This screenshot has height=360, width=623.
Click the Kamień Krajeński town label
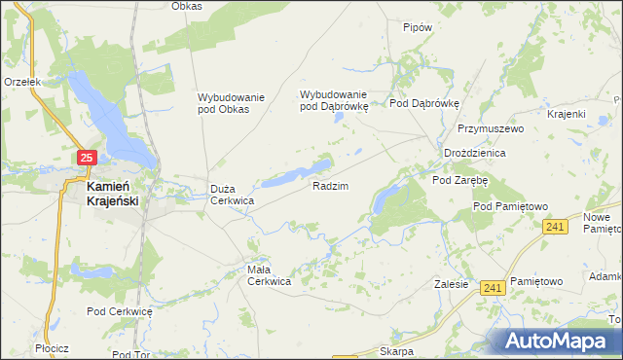(111, 193)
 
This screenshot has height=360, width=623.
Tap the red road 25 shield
(87, 157)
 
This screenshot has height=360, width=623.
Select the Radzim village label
(330, 185)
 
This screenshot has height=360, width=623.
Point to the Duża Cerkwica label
(233, 195)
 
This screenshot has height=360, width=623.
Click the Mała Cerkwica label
(268, 275)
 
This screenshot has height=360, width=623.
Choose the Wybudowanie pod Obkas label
(224, 103)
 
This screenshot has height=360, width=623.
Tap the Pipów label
(417, 28)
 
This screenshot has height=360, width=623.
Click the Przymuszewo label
(491, 128)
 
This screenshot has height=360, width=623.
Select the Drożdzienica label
(474, 154)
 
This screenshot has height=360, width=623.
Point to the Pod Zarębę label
(459, 180)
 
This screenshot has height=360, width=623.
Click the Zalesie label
(453, 285)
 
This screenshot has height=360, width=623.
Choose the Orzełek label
(21, 83)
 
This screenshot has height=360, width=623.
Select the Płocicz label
(49, 347)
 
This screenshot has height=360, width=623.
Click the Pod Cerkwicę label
(120, 311)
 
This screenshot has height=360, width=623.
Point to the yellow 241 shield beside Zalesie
(493, 287)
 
